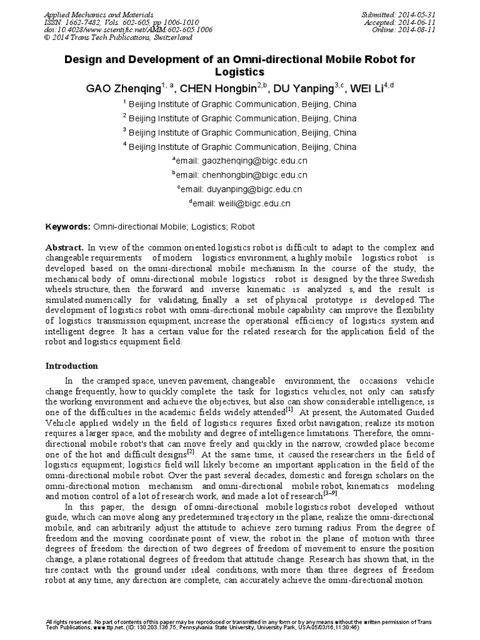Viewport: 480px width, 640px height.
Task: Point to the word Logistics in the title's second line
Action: point(241,72)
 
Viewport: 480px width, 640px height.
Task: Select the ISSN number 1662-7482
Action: point(91,21)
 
